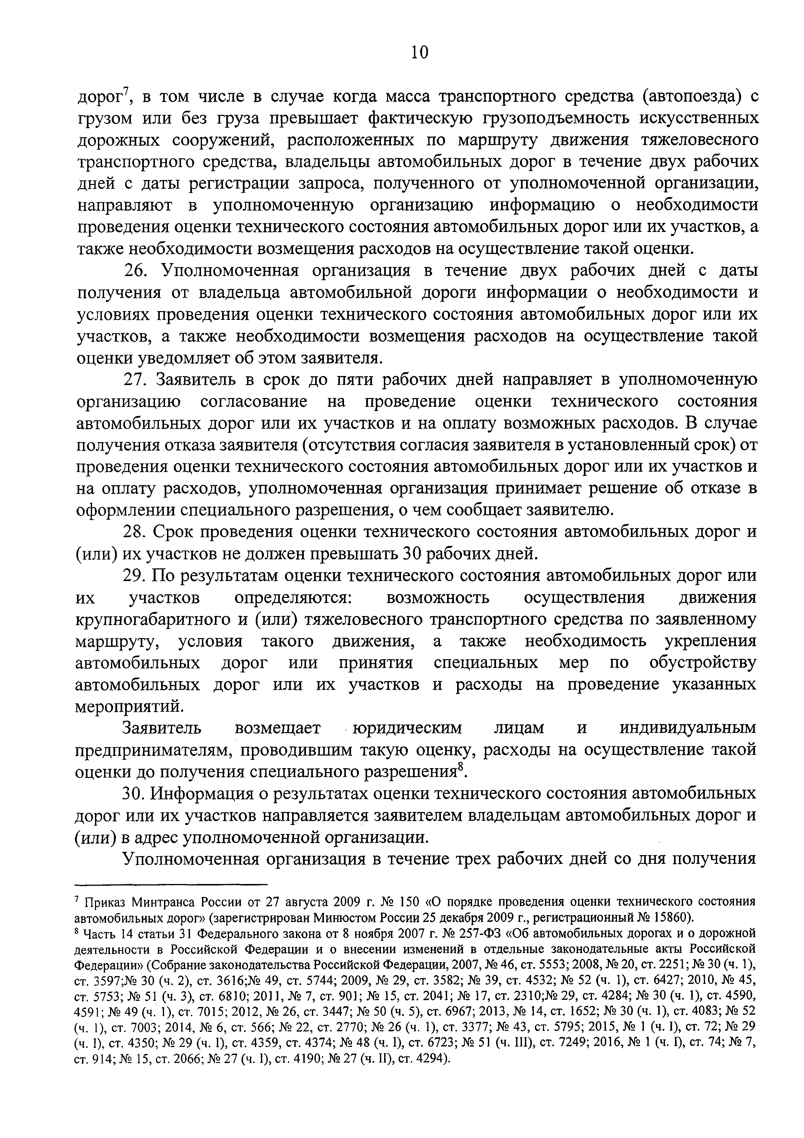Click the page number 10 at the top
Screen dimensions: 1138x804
[419, 52]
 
